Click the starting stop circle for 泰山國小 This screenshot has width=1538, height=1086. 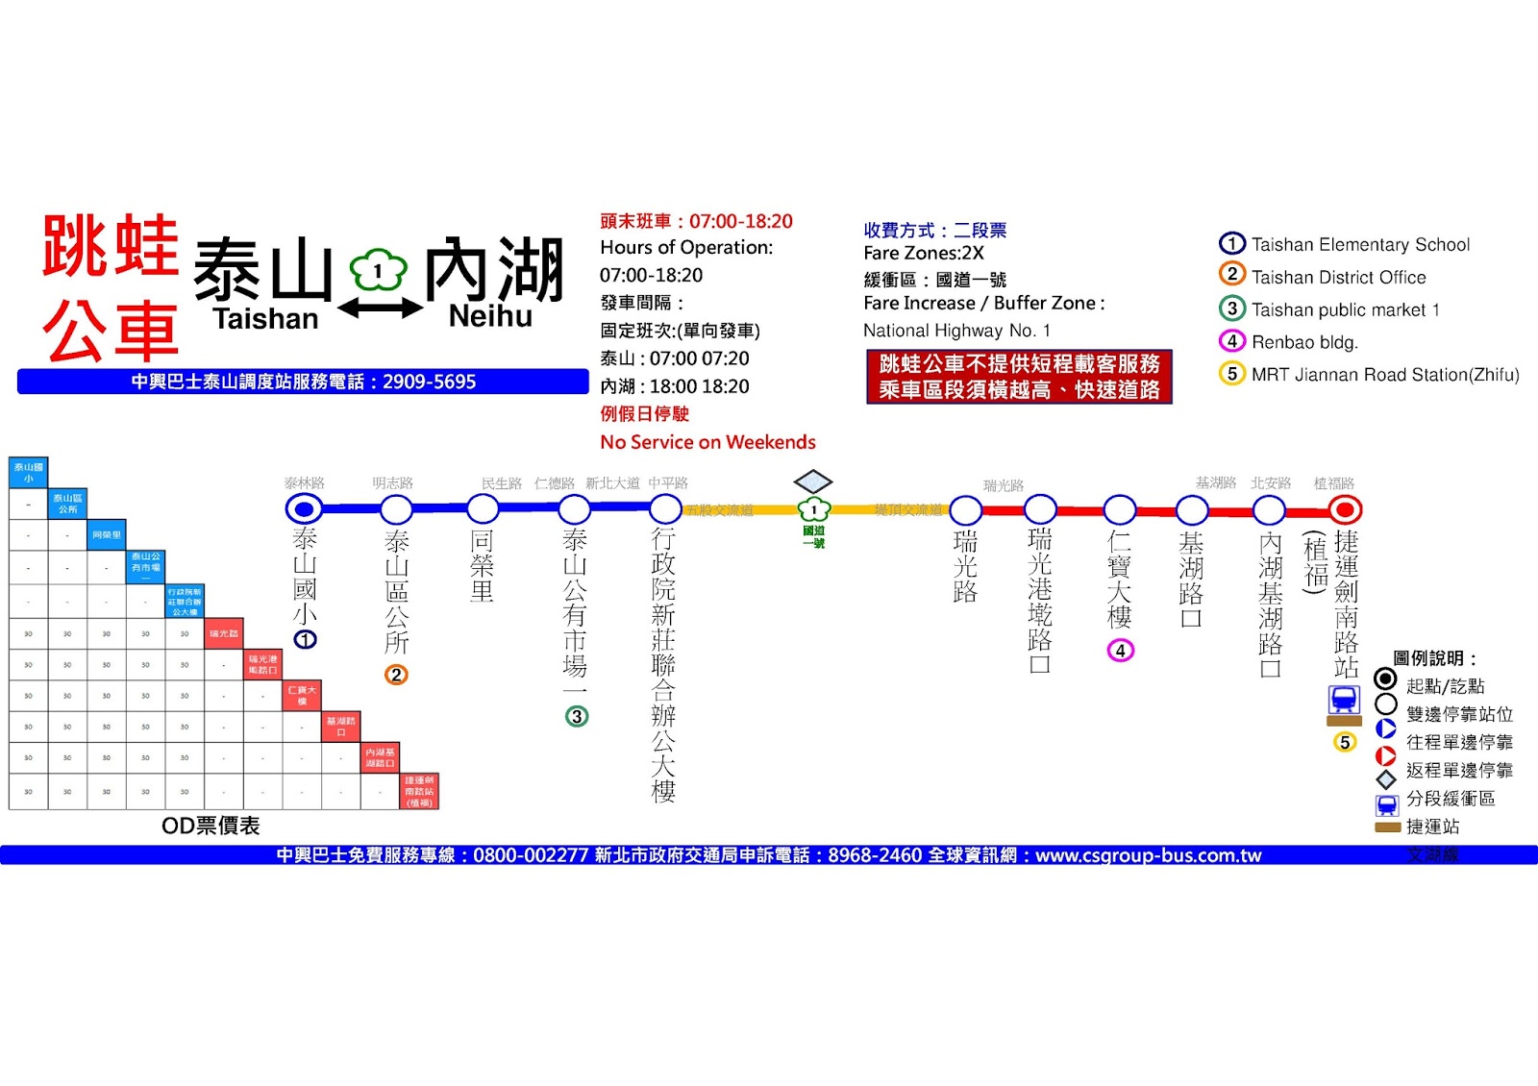click(305, 508)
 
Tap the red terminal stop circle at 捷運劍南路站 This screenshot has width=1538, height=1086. click(1345, 509)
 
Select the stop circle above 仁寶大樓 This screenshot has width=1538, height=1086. click(1120, 509)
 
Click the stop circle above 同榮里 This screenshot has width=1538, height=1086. click(483, 508)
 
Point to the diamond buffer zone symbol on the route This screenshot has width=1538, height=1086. click(813, 481)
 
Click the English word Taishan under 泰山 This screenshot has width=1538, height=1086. click(265, 319)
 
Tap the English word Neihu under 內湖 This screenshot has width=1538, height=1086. click(490, 316)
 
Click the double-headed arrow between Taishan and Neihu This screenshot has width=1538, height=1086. click(380, 309)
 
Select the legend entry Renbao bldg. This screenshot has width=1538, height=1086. click(1303, 342)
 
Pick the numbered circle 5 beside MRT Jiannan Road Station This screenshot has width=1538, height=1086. click(1231, 374)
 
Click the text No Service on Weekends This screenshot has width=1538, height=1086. click(707, 442)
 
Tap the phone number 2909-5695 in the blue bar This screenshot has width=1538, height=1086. click(429, 382)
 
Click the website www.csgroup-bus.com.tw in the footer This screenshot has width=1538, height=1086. click(1148, 855)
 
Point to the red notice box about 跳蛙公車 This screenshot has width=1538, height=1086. click(1019, 377)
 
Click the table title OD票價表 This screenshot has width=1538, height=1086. click(211, 826)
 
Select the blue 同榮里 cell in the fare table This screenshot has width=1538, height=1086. click(107, 534)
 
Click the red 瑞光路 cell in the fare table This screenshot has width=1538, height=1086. click(224, 633)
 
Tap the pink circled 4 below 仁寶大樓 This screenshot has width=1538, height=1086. click(1120, 651)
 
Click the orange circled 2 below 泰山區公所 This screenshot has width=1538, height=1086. click(396, 675)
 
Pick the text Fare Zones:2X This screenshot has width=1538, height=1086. click(923, 254)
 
